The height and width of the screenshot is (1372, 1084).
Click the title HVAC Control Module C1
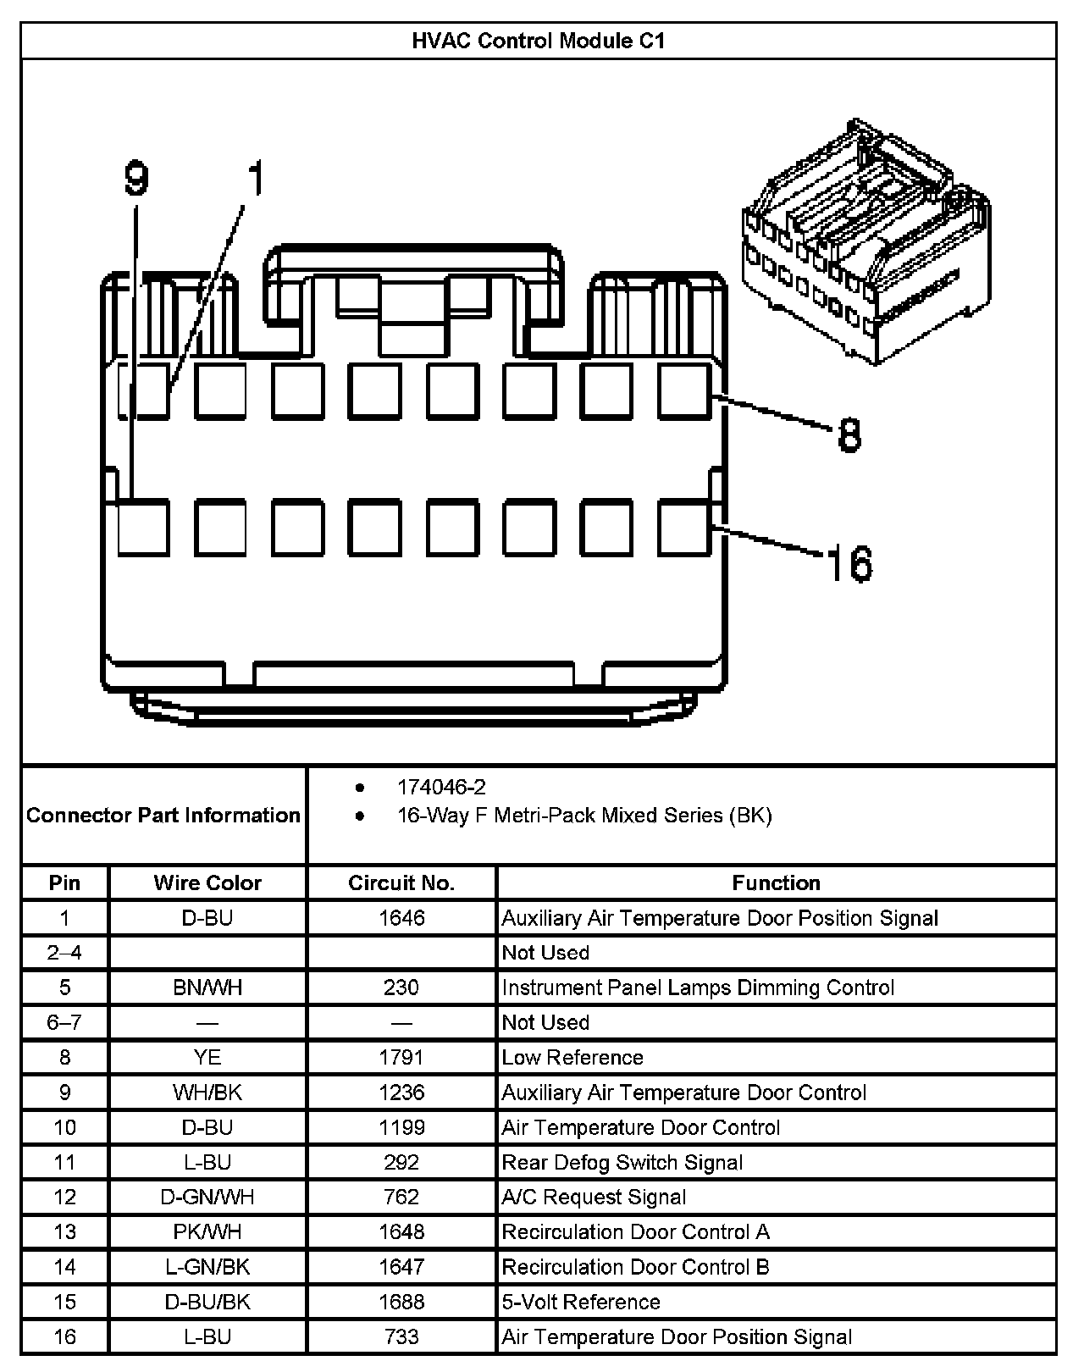tap(538, 41)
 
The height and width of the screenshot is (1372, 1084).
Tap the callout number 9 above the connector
tap(135, 180)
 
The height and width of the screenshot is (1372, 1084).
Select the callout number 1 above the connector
tap(254, 179)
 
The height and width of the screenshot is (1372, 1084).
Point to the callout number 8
tap(849, 435)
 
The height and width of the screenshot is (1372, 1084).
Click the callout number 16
tap(849, 564)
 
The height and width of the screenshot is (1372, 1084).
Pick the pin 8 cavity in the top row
tap(684, 391)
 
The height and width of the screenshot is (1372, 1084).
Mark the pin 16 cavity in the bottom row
tap(684, 528)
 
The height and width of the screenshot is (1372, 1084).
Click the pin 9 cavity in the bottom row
tap(142, 528)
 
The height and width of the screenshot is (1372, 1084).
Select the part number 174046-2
tap(441, 788)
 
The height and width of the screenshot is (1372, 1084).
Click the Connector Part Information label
tap(163, 816)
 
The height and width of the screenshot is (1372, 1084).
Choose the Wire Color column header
tap(207, 883)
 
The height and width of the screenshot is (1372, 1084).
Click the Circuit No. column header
tap(401, 883)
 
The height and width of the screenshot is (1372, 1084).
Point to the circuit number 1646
tap(401, 918)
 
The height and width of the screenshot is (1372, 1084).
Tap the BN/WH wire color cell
tap(207, 988)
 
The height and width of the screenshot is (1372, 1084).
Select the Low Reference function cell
tap(572, 1058)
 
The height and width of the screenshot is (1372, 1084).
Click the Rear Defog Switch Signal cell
tap(622, 1163)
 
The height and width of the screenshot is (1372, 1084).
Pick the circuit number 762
tap(401, 1198)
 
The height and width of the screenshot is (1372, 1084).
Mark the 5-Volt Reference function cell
tap(581, 1302)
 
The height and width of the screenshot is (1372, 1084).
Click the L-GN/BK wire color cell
tap(207, 1267)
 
